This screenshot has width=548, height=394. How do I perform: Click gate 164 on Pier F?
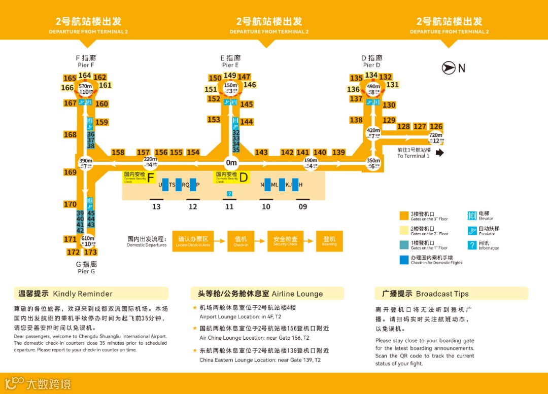[x=85, y=76]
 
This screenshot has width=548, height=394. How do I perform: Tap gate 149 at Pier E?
[x=230, y=76]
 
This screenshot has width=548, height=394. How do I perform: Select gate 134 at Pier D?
[x=371, y=75]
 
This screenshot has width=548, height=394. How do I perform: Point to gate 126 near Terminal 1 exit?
[x=436, y=126]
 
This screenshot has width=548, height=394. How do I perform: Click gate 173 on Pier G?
[x=90, y=252]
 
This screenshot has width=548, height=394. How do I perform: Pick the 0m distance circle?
[x=231, y=163]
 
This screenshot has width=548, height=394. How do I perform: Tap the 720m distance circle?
[x=436, y=137]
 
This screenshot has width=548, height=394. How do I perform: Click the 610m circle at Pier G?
[x=88, y=241]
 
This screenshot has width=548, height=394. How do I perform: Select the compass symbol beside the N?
[x=449, y=68]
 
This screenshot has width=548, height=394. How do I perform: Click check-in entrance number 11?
[x=229, y=206]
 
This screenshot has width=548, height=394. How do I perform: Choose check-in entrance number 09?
[x=303, y=206]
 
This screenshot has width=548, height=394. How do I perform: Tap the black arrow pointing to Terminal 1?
[x=439, y=153]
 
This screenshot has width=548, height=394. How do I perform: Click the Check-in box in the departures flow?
[x=241, y=241]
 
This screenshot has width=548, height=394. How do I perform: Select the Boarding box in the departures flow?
[x=329, y=241]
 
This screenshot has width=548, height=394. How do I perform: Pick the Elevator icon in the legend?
[x=472, y=216]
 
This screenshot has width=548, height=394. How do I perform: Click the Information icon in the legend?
[x=472, y=245]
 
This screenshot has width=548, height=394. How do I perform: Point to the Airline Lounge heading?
[x=267, y=294]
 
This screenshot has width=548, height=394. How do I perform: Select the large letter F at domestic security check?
[x=151, y=177]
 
